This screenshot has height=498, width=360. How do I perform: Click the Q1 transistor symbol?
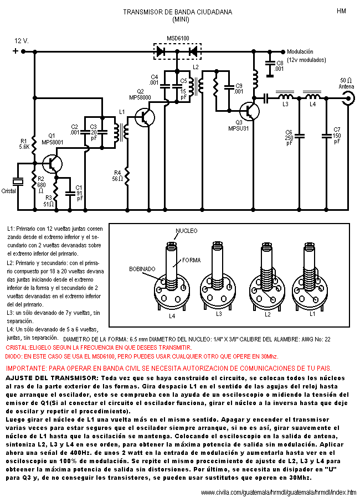click(52, 164)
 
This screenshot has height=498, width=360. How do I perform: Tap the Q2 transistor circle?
click(145, 117)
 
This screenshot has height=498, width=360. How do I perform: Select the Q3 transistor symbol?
click(249, 111)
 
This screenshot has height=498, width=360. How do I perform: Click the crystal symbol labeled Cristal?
click(18, 181)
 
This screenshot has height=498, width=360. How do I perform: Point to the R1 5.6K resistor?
click(34, 145)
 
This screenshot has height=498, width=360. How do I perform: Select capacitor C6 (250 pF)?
click(299, 136)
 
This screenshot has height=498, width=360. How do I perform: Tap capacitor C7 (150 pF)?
click(326, 136)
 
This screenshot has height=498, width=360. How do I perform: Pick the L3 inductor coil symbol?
click(286, 96)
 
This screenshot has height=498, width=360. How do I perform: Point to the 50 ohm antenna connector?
click(348, 98)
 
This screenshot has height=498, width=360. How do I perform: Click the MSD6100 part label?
click(178, 38)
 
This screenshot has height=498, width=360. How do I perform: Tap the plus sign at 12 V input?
click(16, 51)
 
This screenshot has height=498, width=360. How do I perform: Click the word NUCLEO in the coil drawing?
click(187, 231)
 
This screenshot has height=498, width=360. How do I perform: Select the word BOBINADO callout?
click(142, 269)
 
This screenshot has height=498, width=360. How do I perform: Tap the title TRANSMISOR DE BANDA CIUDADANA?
click(178, 12)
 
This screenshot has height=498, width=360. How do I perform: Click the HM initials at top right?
click(341, 11)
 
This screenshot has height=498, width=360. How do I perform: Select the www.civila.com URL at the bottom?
click(279, 492)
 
